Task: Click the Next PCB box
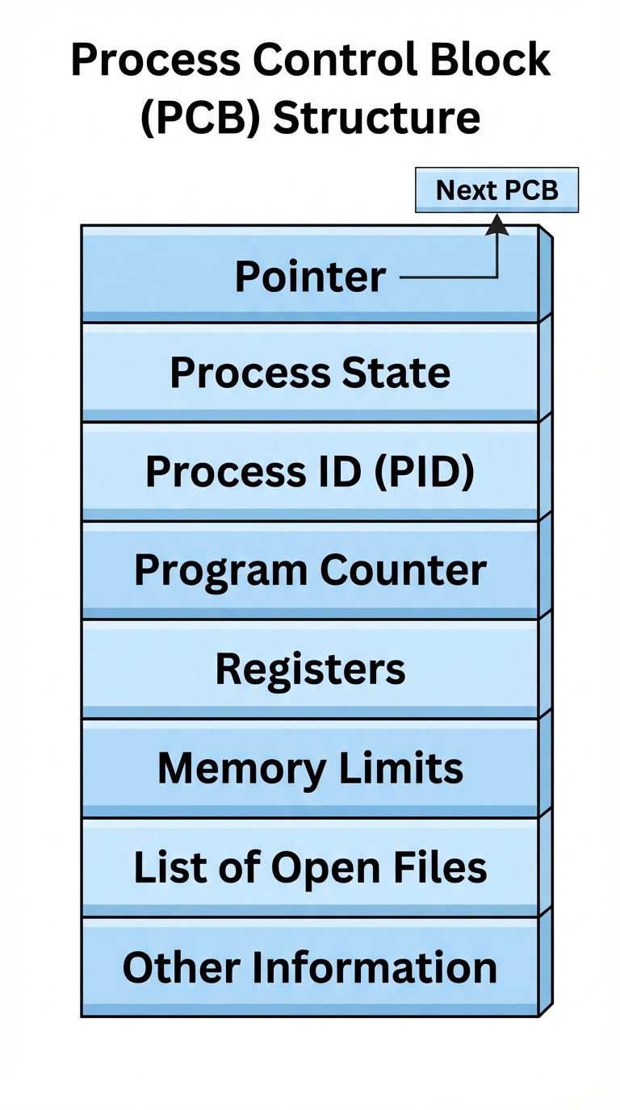point(496,190)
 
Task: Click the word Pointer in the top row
point(310,277)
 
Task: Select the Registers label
point(310,670)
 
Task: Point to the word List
point(164,868)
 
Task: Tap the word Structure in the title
point(376,117)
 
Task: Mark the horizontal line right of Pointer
point(448,278)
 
